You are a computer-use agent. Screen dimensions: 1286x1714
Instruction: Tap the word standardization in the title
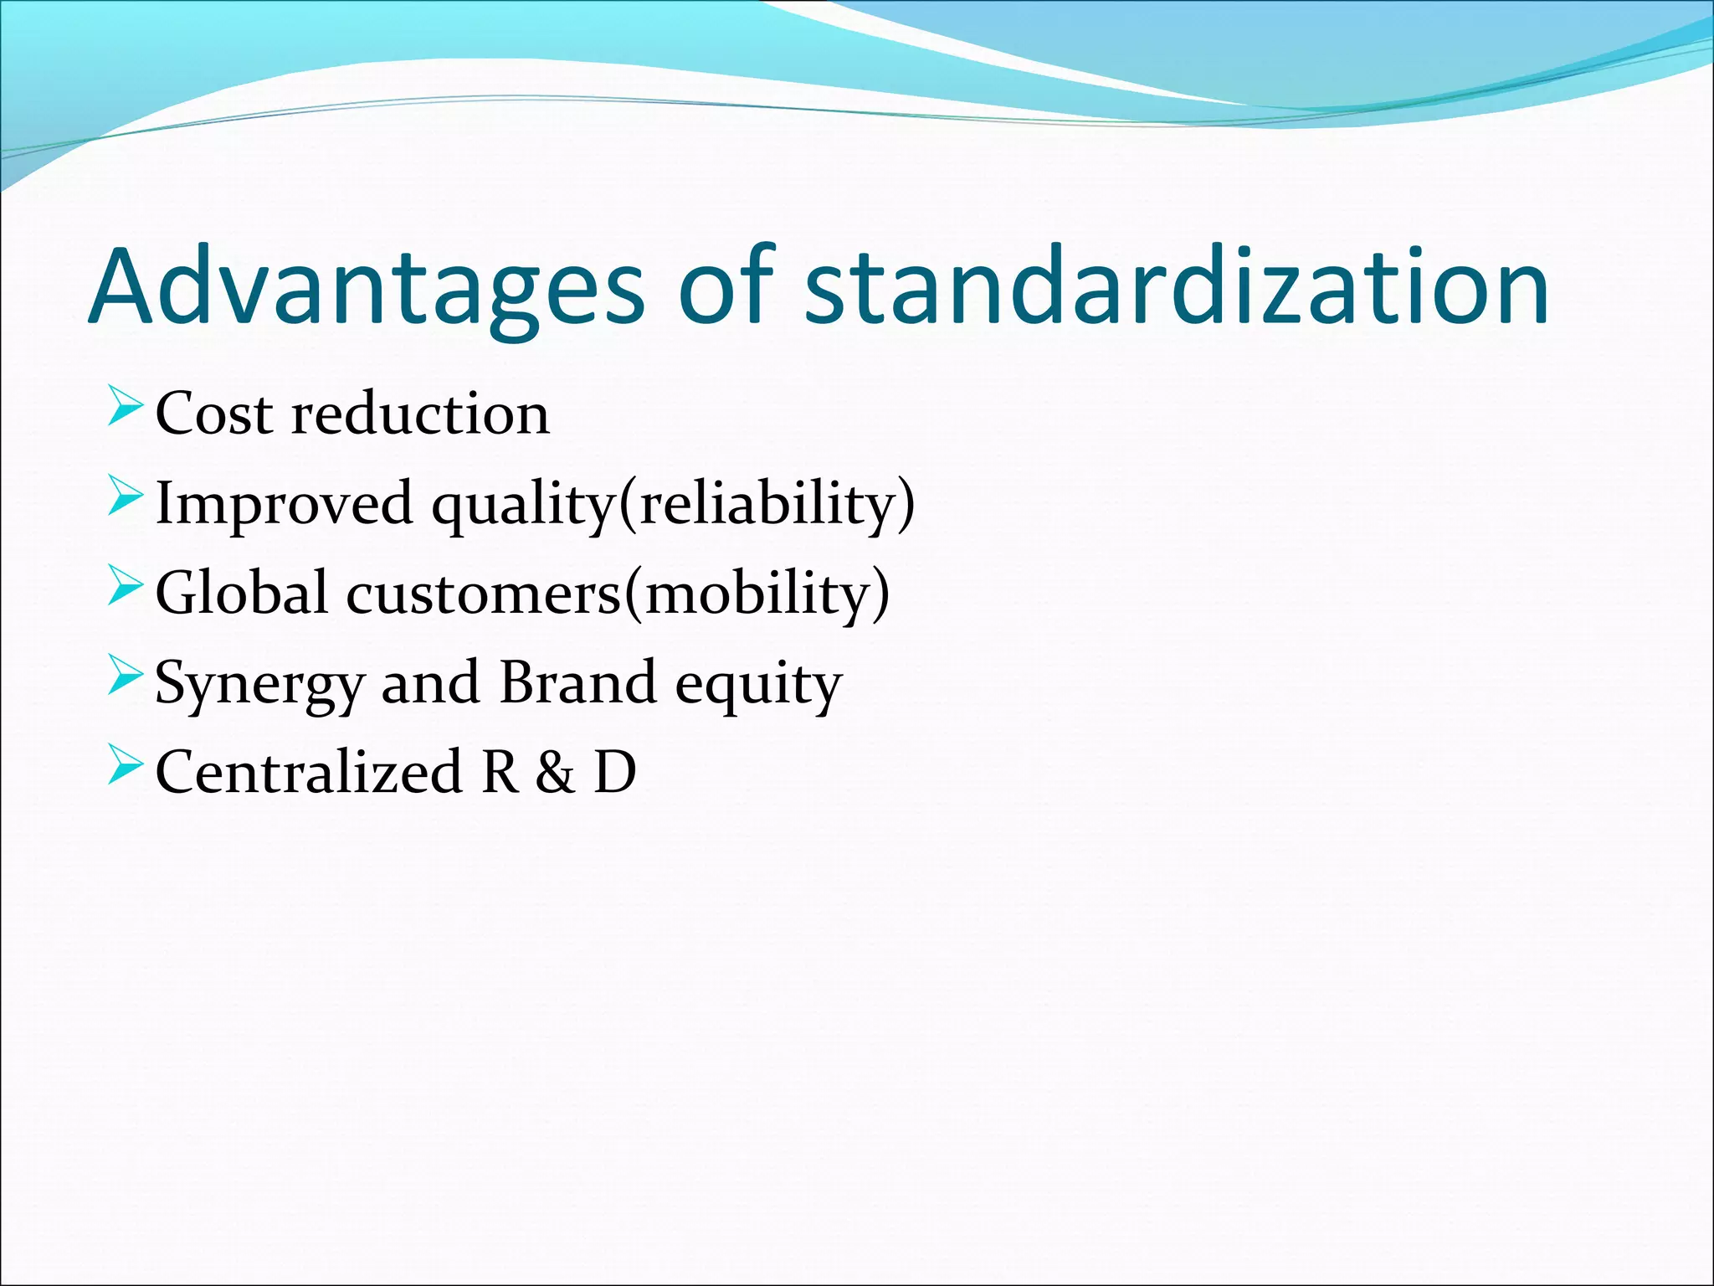pyautogui.click(x=1176, y=286)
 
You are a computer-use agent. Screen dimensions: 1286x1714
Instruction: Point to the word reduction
pyautogui.click(x=420, y=414)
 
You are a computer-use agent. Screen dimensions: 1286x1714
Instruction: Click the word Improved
pyautogui.click(x=285, y=504)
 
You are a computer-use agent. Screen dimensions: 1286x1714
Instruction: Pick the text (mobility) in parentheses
pyautogui.click(x=757, y=594)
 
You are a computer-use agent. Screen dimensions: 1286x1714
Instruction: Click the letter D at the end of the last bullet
pyautogui.click(x=615, y=772)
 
